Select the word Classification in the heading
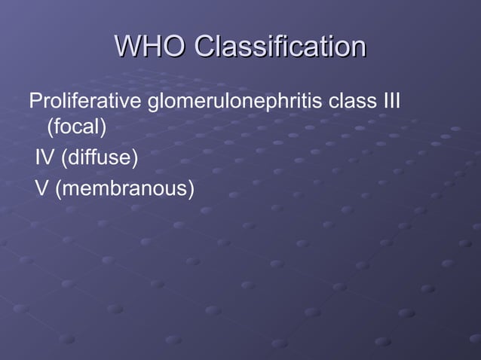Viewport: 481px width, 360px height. [x=279, y=46]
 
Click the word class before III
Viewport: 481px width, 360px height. [x=355, y=101]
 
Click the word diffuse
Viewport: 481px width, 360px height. [x=98, y=159]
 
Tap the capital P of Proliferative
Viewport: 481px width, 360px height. [x=35, y=101]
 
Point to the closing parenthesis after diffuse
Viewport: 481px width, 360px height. [x=135, y=159]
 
